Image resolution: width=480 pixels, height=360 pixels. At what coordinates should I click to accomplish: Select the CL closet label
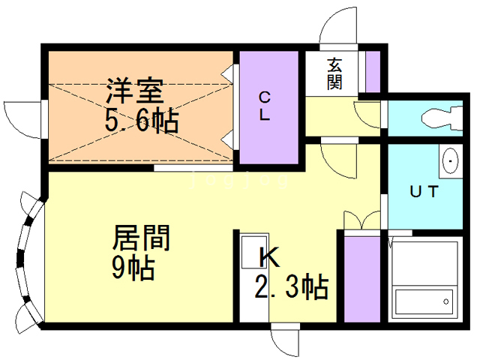coord(265,106)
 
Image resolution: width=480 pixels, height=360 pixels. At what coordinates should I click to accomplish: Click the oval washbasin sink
coord(451,160)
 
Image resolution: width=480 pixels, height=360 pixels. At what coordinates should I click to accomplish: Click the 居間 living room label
coord(141,238)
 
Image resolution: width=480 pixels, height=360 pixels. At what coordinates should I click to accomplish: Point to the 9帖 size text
coord(133,266)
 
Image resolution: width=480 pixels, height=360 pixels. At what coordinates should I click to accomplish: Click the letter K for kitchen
coord(268,257)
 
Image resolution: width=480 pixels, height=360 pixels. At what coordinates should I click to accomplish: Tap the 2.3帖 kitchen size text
coord(292,286)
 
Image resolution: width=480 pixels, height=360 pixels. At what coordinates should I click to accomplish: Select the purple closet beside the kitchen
coord(361,278)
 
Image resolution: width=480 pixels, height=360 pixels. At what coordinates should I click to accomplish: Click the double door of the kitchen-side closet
coord(361,220)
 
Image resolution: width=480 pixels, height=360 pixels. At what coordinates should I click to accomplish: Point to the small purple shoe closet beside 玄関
coord(372,70)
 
